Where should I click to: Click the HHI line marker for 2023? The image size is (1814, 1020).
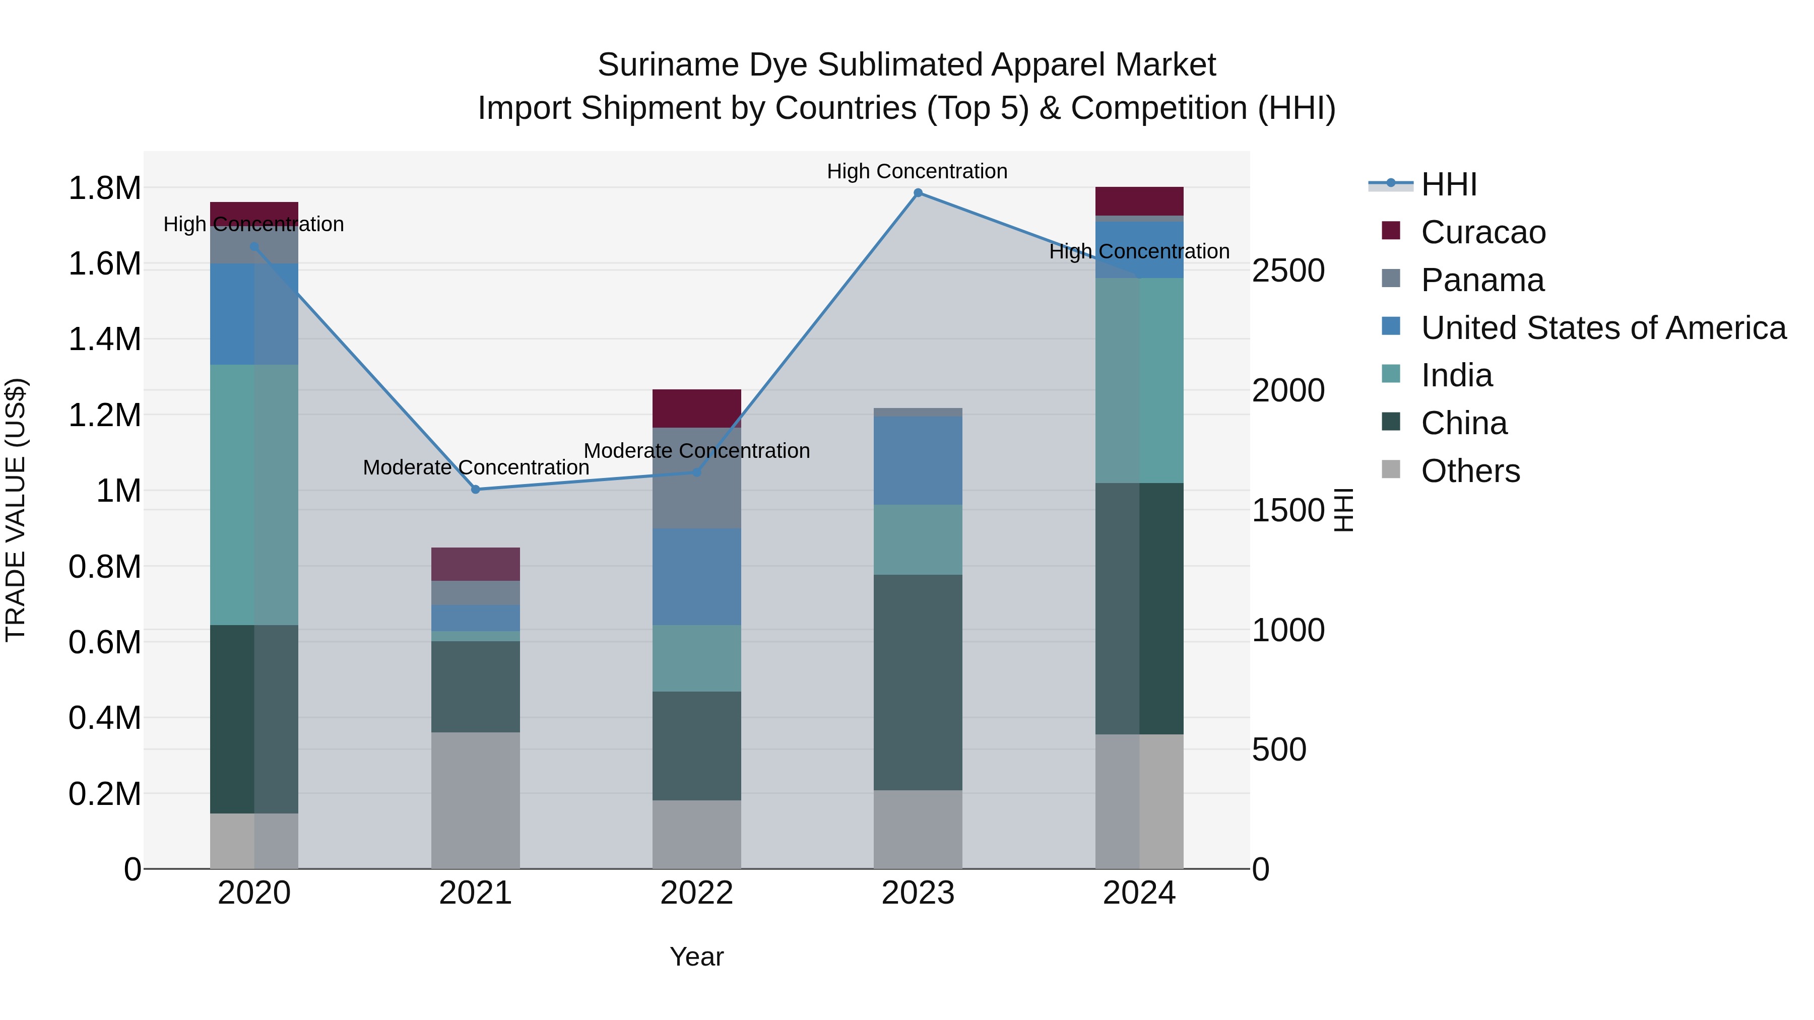918,193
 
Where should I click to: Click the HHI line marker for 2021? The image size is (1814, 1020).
475,489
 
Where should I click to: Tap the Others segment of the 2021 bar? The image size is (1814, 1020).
475,800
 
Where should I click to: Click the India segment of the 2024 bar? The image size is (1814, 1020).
1139,380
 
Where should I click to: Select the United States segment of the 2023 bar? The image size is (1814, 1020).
918,460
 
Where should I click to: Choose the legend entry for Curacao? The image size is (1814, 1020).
1482,232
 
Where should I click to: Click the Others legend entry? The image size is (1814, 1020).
1470,471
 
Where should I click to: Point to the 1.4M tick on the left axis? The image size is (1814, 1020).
104,339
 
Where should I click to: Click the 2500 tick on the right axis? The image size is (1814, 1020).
1288,271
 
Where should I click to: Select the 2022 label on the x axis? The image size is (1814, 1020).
696,893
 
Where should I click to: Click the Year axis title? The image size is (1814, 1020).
696,957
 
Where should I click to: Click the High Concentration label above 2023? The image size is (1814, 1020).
917,171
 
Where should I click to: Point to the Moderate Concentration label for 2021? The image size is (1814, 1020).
475,467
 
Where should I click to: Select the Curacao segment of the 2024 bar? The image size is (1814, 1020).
1139,201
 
